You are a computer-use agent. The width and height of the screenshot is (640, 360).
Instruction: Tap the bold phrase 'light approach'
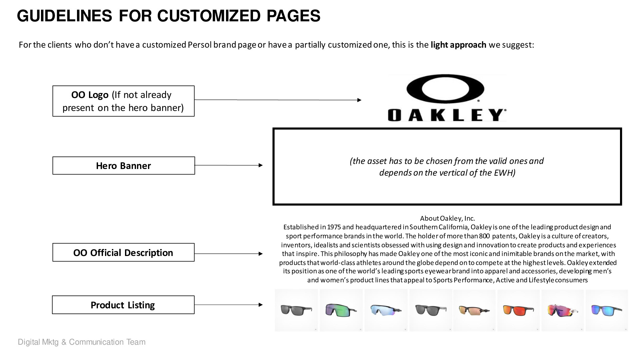(x=458, y=45)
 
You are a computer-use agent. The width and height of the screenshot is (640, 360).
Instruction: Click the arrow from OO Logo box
(x=278, y=100)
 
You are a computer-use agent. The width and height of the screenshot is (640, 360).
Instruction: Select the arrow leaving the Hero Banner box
(x=229, y=165)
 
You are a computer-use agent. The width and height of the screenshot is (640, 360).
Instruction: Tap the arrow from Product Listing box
(x=229, y=304)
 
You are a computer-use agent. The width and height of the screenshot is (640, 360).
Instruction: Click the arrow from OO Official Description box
(x=229, y=254)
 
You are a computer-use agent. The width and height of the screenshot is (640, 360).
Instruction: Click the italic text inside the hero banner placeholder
(x=447, y=167)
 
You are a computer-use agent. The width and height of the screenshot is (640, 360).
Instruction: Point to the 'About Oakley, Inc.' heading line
(x=447, y=218)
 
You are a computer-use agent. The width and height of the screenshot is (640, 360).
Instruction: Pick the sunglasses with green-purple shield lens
(x=341, y=310)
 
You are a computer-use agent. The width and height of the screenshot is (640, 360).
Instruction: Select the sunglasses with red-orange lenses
(x=518, y=310)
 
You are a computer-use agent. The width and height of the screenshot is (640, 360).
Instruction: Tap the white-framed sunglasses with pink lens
(x=563, y=310)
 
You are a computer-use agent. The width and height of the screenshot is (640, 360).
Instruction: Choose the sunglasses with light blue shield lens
(x=386, y=310)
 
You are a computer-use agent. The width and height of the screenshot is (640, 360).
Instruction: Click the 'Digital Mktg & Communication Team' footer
(x=82, y=342)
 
